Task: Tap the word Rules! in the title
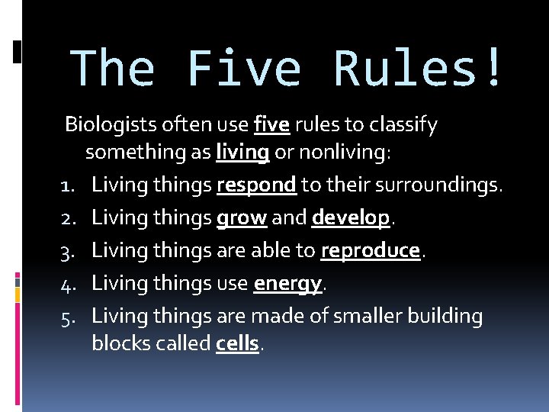418,69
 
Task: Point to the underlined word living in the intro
242,153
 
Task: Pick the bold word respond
256,185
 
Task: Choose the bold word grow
242,218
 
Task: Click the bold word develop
351,218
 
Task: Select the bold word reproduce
371,251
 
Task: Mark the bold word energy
287,284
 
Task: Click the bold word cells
238,344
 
